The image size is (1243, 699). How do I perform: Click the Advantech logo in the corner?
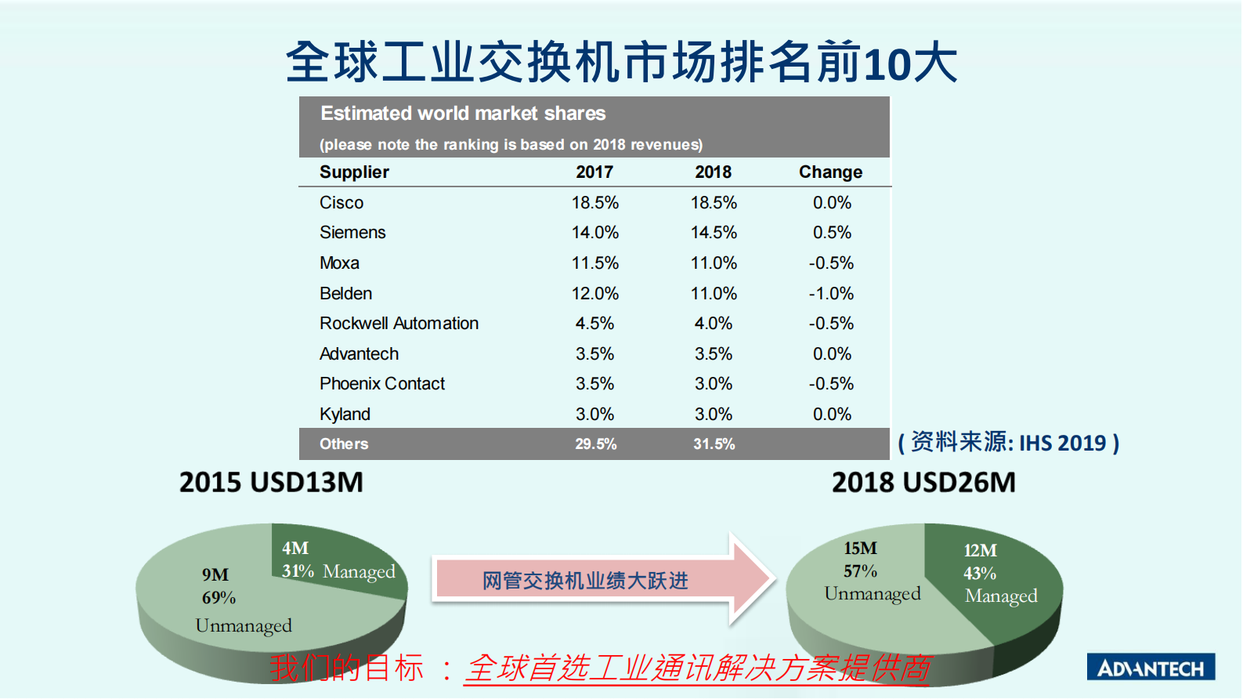point(1150,667)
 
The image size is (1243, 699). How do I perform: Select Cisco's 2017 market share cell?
point(594,203)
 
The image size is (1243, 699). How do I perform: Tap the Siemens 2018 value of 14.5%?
point(714,233)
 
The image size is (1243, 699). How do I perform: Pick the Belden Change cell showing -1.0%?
point(831,294)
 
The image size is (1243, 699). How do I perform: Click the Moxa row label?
point(339,263)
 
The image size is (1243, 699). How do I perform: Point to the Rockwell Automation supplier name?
point(399,324)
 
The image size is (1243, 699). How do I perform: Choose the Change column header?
point(830,172)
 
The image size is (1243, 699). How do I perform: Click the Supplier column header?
point(354,172)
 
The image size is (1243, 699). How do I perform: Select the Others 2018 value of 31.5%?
point(714,444)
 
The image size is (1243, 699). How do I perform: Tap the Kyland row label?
point(345,415)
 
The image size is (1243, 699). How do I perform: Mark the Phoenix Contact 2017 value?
point(594,384)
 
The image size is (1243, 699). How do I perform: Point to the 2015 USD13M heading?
point(271,482)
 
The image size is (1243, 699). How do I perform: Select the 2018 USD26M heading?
point(923,482)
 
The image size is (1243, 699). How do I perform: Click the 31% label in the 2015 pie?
point(298,571)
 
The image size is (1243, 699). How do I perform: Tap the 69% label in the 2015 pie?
point(219,598)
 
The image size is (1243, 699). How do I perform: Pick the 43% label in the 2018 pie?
point(980,574)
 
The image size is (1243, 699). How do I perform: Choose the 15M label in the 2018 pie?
point(860,549)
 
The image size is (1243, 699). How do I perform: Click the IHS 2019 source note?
point(1009,443)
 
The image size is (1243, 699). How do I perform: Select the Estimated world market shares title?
point(463,114)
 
